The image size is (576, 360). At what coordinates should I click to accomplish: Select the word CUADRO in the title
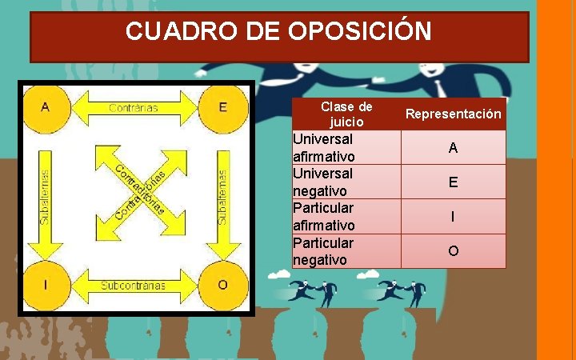170,32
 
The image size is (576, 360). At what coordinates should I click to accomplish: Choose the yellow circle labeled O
222,285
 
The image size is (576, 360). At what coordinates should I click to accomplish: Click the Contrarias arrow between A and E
134,107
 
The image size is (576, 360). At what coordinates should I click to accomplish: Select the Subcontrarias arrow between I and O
134,285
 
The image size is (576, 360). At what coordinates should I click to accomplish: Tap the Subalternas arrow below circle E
222,197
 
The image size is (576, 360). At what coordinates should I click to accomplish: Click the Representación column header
453,114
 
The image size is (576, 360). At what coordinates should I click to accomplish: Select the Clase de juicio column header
346,114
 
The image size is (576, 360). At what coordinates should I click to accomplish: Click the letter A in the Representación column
453,148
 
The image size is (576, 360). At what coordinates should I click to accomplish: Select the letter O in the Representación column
453,251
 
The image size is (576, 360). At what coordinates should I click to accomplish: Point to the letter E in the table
453,182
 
